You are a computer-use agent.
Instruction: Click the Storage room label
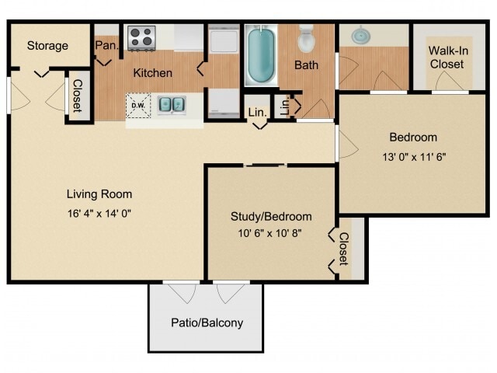[47, 46]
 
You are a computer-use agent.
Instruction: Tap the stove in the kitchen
[141, 37]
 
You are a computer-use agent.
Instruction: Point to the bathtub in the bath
[261, 54]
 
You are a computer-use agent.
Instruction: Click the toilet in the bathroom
[306, 39]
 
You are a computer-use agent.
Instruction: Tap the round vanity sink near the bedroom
[360, 36]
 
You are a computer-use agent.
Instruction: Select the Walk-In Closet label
[446, 58]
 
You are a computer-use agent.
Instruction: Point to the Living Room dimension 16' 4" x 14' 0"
[99, 213]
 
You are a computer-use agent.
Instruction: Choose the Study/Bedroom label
[271, 217]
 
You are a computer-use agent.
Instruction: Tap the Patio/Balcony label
[207, 323]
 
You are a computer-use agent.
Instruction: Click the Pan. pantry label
[106, 46]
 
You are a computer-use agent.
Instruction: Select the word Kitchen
[152, 73]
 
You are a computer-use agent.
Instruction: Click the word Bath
[306, 65]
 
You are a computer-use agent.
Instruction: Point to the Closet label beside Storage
[77, 96]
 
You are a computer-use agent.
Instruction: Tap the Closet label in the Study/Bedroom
[343, 249]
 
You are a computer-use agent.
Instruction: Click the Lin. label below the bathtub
[258, 113]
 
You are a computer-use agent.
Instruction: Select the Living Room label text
[99, 194]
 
